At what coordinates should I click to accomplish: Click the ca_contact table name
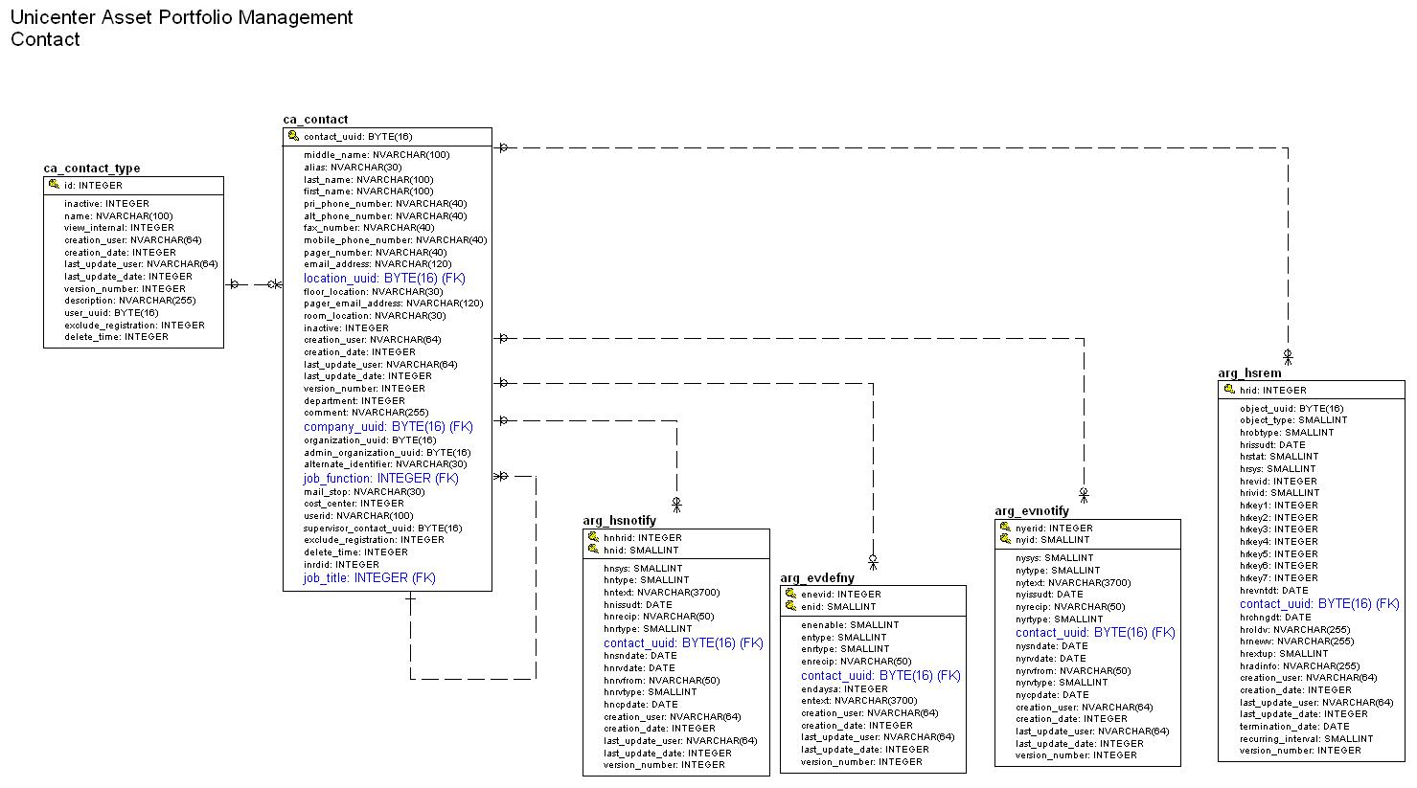315,120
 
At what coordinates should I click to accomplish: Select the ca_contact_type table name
91,169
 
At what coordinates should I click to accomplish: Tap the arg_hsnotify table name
619,521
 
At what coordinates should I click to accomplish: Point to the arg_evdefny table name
816,578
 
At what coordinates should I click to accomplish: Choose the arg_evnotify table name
1031,511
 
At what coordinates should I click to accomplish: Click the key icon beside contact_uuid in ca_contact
293,137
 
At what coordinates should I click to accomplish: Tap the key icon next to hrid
1228,390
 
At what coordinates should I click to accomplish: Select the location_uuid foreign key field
384,278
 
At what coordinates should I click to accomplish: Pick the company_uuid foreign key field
388,426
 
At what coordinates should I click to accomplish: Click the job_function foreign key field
380,478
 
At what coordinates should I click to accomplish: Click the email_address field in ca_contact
377,264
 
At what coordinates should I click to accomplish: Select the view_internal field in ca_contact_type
119,228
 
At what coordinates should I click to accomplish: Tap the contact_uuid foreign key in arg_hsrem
1318,603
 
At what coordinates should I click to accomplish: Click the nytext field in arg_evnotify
1072,582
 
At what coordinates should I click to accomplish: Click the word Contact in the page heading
45,39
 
